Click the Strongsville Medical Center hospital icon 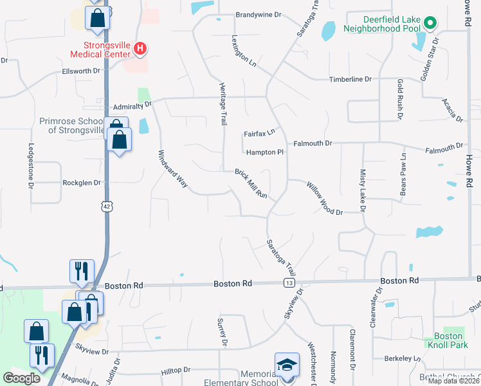tap(141, 48)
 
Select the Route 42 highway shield tap(106, 205)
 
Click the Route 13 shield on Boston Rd tap(289, 282)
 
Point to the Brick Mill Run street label tap(250, 183)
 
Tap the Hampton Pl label tap(264, 152)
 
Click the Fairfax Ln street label tap(259, 133)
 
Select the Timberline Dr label tap(350, 79)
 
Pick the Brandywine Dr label tap(259, 14)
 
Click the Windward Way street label tap(172, 169)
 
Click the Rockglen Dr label tap(82, 183)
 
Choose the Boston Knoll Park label tap(448, 341)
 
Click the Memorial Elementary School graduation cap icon tap(286, 365)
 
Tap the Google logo tap(22, 378)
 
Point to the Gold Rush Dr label tap(400, 100)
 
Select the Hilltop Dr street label tap(176, 371)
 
